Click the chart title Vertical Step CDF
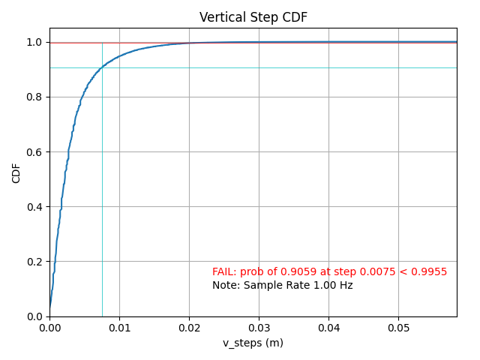click(253, 17)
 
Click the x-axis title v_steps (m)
click(253, 343)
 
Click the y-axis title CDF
click(16, 172)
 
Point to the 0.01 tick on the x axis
click(119, 328)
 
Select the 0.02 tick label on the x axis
click(189, 328)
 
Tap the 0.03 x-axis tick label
click(259, 328)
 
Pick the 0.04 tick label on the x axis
click(328, 328)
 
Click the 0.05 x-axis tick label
click(398, 328)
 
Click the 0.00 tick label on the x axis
click(49, 328)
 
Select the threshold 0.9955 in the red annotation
click(430, 271)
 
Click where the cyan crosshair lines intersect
click(102, 68)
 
